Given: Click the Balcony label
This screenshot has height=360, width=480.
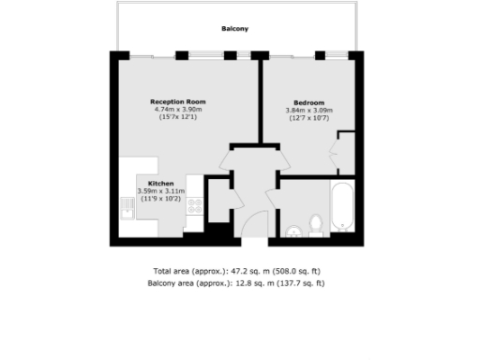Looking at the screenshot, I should (x=234, y=29).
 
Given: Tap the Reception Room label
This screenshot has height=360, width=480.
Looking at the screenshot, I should (x=178, y=101).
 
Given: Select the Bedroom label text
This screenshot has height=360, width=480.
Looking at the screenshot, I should (x=308, y=102).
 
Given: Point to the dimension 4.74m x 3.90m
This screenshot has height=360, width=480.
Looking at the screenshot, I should (x=178, y=110).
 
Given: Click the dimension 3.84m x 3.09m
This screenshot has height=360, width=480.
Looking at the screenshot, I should (x=308, y=111).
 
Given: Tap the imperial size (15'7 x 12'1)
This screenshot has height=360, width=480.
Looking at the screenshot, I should (x=178, y=118).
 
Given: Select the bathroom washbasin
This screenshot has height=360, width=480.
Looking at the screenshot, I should (x=293, y=230).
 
